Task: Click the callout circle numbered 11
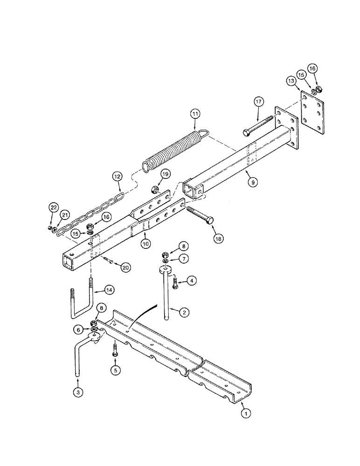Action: [195, 113]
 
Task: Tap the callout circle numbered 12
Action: [117, 177]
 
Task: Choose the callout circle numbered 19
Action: [166, 174]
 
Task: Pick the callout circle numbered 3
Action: [78, 393]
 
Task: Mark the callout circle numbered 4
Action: [191, 280]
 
